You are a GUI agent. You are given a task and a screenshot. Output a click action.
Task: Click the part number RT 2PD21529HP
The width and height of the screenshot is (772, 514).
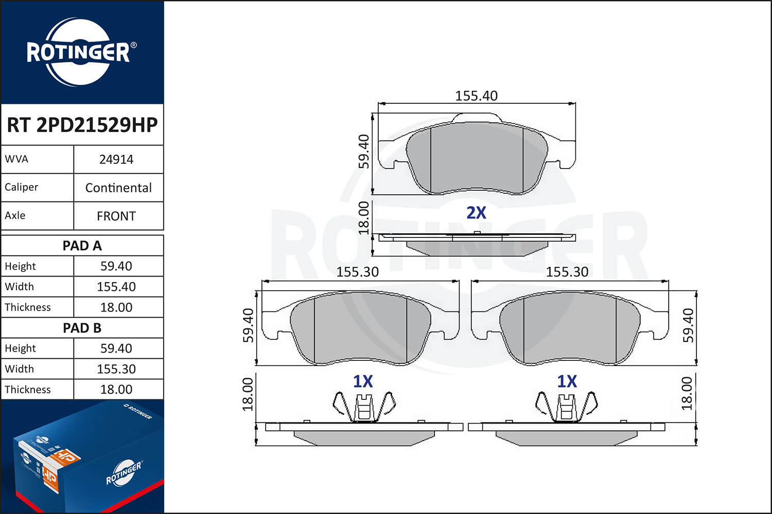(x=82, y=125)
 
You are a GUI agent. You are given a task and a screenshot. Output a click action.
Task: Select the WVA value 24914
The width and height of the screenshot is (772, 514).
(x=116, y=159)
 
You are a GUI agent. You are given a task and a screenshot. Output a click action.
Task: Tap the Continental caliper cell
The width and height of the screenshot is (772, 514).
(x=118, y=188)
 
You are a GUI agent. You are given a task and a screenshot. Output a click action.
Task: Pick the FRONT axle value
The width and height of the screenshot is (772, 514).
(x=116, y=216)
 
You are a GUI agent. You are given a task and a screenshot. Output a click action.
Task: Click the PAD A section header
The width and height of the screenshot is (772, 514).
(x=82, y=246)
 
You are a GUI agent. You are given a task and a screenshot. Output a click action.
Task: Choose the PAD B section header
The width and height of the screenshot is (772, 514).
(x=82, y=328)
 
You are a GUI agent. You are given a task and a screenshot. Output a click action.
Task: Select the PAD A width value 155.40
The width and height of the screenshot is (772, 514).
(x=116, y=287)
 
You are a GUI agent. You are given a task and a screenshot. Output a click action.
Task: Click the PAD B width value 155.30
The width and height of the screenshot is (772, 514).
(x=116, y=369)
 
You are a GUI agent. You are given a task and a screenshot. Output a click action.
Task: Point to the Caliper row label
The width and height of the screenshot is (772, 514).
(x=22, y=187)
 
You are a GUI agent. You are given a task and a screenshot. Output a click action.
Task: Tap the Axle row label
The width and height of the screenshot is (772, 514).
(x=15, y=215)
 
